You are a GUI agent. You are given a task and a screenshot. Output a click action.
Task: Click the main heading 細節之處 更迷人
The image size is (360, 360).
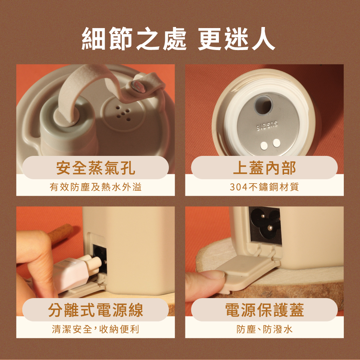[179, 39]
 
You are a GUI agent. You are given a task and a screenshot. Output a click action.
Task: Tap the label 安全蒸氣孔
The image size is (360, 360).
[95, 168]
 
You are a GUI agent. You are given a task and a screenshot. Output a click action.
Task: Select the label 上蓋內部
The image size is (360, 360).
[264, 168]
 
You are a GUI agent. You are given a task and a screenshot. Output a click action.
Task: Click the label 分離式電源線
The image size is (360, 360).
[95, 310]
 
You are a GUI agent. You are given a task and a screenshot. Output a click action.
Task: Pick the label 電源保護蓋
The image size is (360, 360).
[264, 310]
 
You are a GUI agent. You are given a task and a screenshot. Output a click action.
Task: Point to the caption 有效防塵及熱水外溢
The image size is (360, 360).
[95, 187]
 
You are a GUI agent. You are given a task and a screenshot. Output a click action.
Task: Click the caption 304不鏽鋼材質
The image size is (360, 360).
[264, 187]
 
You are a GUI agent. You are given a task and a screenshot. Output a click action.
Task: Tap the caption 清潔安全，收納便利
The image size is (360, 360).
[95, 329]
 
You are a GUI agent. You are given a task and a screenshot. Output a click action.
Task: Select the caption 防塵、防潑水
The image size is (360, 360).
[264, 329]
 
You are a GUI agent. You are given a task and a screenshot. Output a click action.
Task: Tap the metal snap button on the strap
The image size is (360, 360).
[139, 86]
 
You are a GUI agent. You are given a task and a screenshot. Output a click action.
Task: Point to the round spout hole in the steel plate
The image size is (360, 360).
[264, 105]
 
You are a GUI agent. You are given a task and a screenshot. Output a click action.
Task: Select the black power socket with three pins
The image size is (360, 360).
[266, 225]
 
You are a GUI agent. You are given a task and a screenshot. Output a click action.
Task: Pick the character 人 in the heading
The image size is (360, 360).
[264, 39]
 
